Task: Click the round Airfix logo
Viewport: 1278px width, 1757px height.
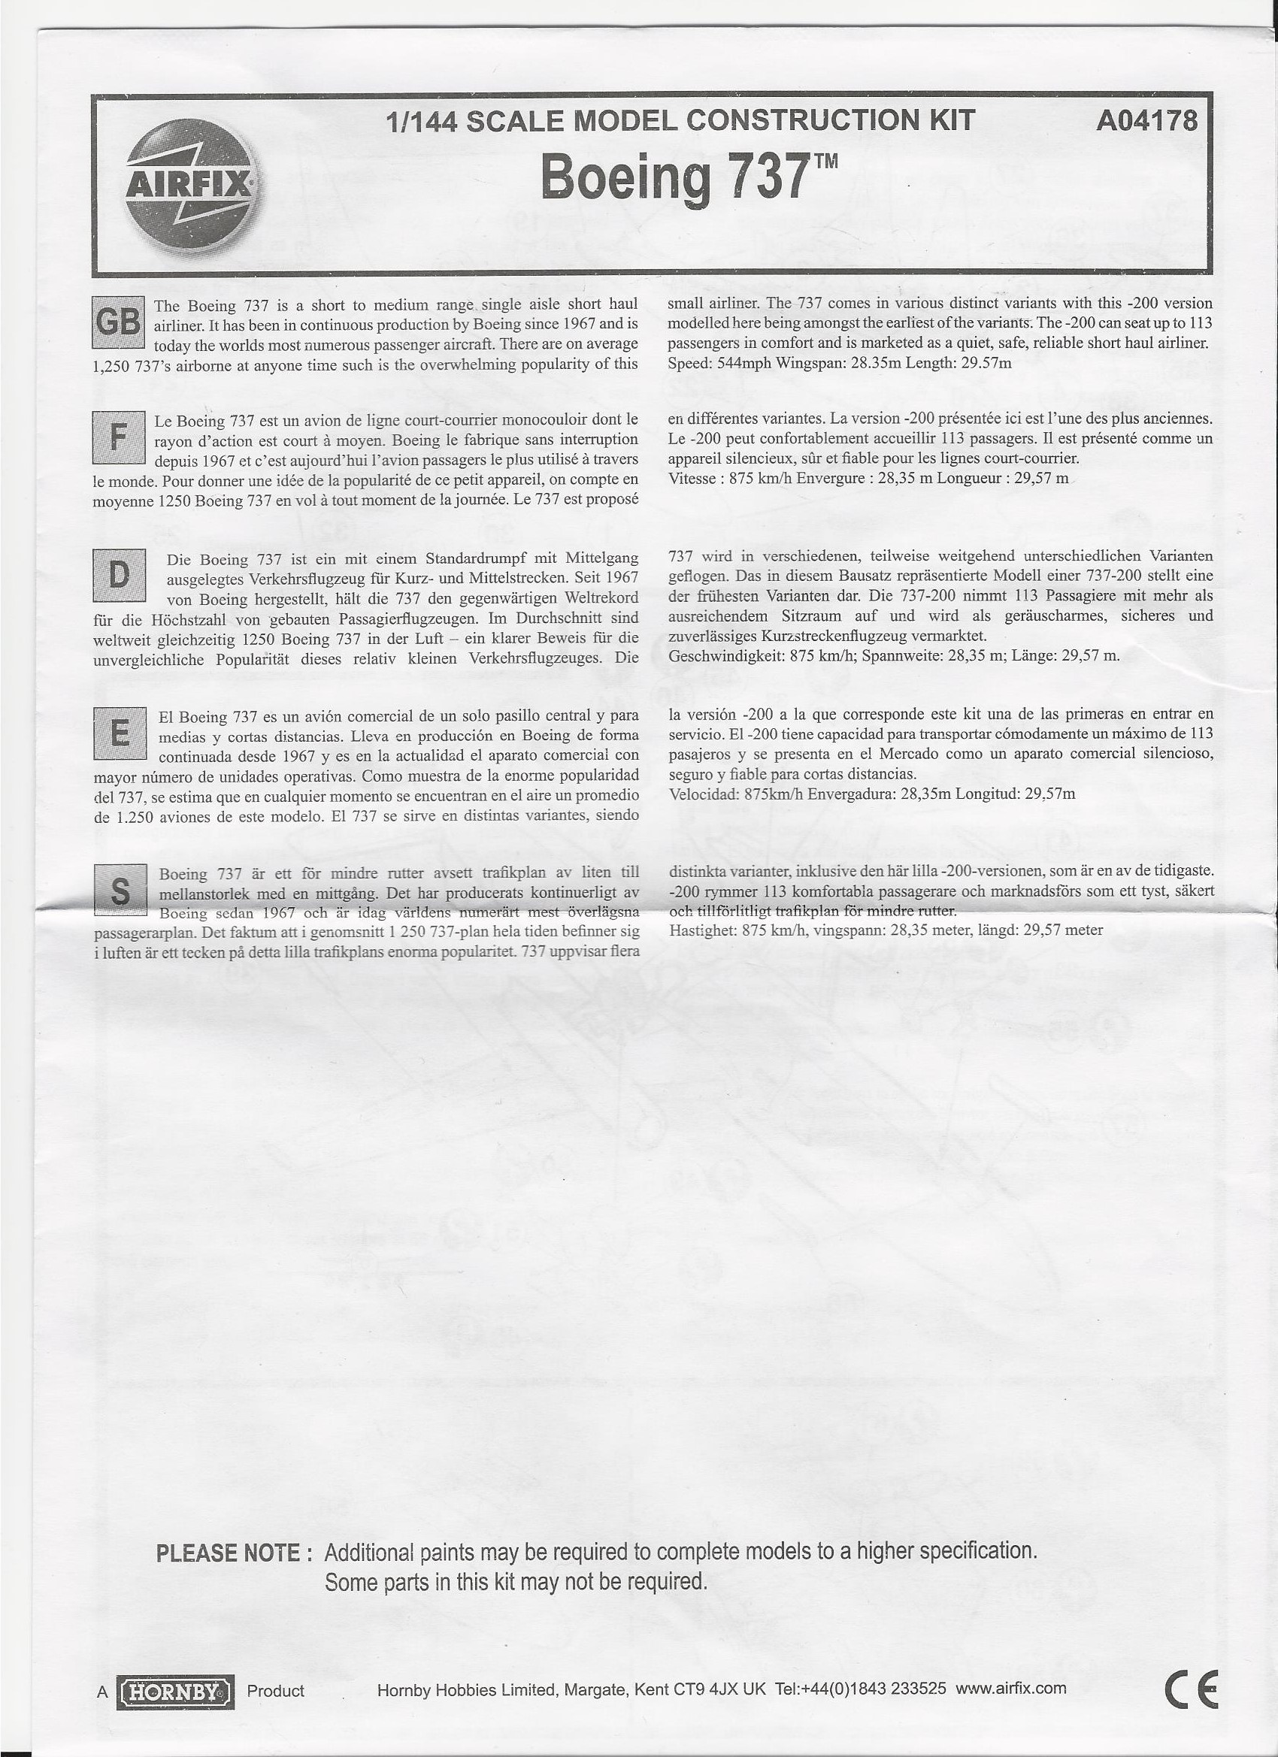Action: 189,183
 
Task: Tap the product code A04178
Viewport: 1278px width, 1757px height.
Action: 1146,121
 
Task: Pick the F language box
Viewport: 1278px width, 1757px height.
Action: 118,437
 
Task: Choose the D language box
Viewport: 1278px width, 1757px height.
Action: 119,575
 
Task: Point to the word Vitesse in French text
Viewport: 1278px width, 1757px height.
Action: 693,478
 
